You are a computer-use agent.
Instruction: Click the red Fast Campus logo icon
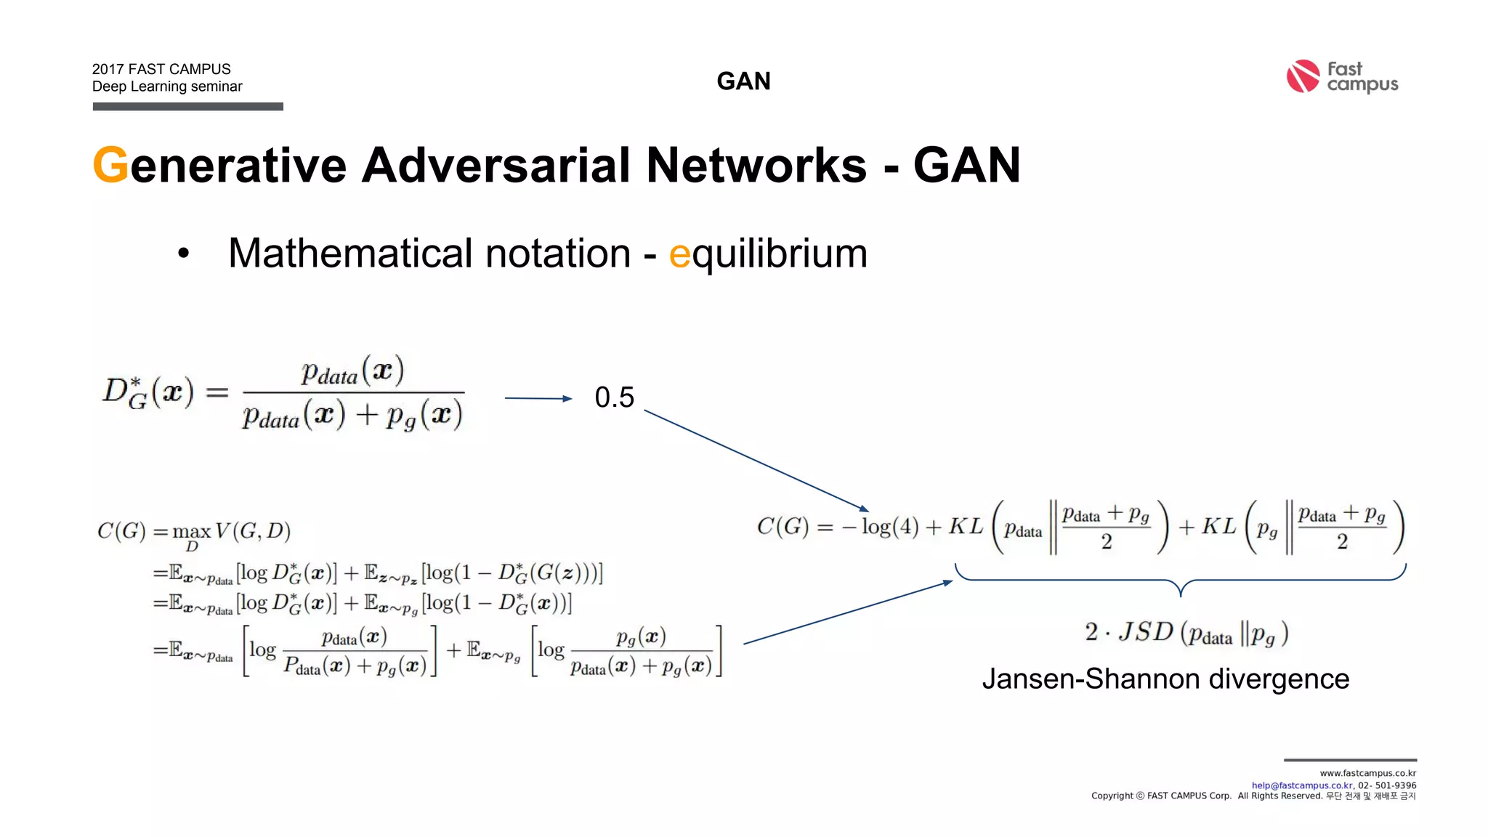point(1302,76)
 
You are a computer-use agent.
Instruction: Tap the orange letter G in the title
point(110,166)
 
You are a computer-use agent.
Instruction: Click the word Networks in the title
point(756,166)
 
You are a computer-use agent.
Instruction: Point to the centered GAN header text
point(743,81)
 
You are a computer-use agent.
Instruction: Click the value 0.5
point(614,397)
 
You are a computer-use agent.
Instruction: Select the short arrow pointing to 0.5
point(538,398)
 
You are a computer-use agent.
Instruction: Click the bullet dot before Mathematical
point(184,254)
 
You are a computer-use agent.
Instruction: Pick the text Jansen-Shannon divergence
point(1165,679)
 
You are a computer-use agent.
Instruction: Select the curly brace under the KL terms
point(1181,579)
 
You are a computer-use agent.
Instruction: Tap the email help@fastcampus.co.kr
point(1302,785)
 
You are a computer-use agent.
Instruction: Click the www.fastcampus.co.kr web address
point(1367,773)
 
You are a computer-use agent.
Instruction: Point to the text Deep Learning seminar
point(167,86)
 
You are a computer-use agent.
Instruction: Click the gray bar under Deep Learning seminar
point(187,107)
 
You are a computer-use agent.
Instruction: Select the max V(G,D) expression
point(231,533)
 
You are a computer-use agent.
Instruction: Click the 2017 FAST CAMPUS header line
point(161,69)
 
